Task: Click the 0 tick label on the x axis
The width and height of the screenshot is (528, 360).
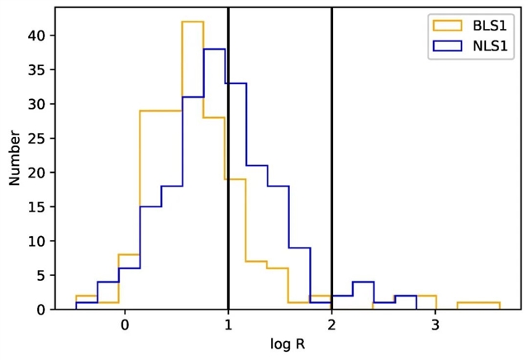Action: point(125,324)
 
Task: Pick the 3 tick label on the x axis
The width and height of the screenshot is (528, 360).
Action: point(435,324)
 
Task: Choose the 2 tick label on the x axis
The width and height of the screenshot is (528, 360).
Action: point(331,324)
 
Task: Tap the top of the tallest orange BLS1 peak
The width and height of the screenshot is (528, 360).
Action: point(193,22)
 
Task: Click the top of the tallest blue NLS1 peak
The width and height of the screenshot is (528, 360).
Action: point(214,50)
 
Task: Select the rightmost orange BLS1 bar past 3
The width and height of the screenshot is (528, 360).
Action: point(478,303)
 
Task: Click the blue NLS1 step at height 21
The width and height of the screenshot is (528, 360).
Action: point(257,165)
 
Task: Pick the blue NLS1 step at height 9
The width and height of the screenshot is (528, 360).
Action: point(299,248)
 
